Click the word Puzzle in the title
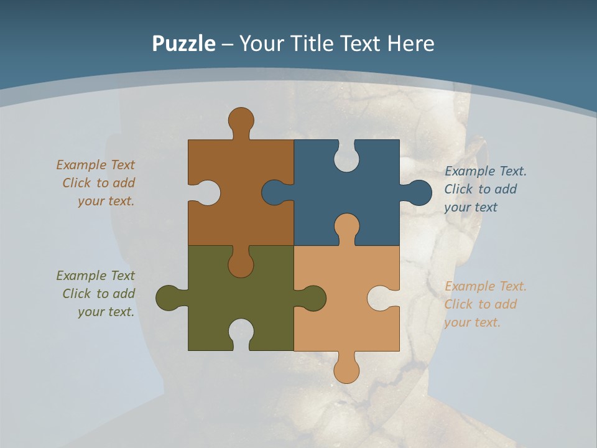(x=183, y=44)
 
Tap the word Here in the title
(x=410, y=44)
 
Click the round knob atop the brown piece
(x=241, y=119)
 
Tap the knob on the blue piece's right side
(x=419, y=193)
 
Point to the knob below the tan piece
(x=346, y=370)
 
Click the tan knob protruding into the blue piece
(x=346, y=226)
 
